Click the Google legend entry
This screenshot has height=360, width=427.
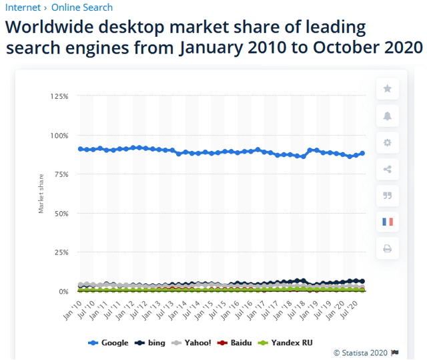[x=109, y=343]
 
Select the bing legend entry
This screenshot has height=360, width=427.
[x=149, y=343]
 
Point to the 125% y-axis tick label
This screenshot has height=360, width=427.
[x=59, y=96]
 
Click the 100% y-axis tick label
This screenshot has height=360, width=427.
[x=59, y=136]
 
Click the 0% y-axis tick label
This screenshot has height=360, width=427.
[x=63, y=292]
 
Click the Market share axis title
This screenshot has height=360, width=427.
[x=41, y=194]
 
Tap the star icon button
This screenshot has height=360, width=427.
[x=388, y=89]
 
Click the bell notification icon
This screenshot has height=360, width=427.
[x=388, y=116]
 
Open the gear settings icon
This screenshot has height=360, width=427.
[x=388, y=142]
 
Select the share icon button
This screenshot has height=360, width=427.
[x=388, y=168]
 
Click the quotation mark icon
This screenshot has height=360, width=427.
[x=388, y=195]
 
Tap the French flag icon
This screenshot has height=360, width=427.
[x=388, y=222]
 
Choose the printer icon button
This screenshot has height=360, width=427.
[x=388, y=248]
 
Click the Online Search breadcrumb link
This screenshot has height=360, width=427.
[x=82, y=7]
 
